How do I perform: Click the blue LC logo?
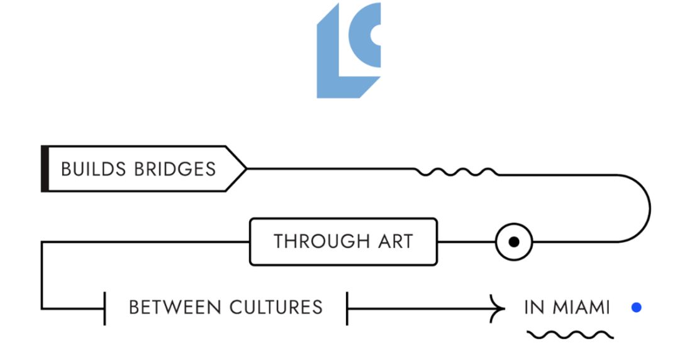tap(347, 50)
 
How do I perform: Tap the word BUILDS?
tap(94, 169)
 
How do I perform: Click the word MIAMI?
tap(581, 307)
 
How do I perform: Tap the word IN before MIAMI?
tap(533, 307)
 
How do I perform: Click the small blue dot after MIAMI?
tap(637, 307)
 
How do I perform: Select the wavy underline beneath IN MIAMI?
tap(569, 334)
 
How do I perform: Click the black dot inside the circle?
tap(514, 242)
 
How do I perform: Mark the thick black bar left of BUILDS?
tap(45, 169)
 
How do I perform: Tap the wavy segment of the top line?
tap(457, 171)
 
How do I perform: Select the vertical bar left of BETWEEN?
tap(104, 307)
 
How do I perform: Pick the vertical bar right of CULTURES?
tap(347, 307)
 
